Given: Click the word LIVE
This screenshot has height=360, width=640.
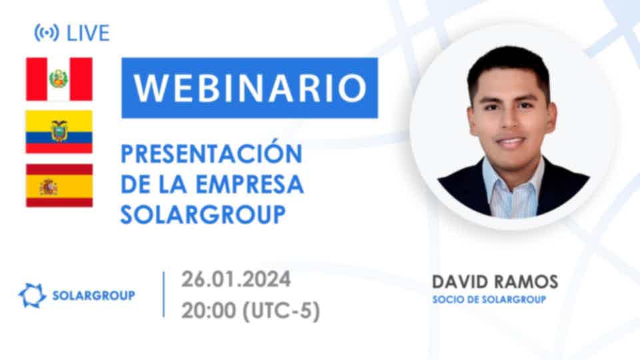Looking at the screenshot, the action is point(88,33).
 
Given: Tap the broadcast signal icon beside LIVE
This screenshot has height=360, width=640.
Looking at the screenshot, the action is point(47,33).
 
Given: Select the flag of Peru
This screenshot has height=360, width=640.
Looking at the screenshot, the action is point(59,79).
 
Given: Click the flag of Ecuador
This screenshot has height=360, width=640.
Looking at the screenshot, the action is point(59,132).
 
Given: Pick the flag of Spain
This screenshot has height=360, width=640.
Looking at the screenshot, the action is point(59,185).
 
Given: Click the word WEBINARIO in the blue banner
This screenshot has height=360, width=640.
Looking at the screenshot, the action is point(250,88).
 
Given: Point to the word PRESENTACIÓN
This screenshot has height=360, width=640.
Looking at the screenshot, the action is point(211,153).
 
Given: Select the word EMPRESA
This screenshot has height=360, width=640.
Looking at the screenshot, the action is point(250,185).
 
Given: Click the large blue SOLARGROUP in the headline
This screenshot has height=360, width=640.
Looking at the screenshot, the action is point(203,215).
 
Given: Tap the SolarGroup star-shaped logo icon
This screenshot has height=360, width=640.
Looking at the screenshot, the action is point(32,295).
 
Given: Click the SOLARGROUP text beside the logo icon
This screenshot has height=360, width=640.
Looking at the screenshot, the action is point(93,295).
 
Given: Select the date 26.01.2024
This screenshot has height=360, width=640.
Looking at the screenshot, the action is point(236,279).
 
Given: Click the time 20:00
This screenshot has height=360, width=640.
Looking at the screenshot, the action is point(208,311).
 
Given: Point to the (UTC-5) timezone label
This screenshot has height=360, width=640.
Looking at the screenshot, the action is point(281,311).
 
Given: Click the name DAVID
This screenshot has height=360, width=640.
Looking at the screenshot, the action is point(460,282).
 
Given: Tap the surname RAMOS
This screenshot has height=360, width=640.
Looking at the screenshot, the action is point(526,282).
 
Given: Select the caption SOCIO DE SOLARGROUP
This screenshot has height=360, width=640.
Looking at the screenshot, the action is point(489,299).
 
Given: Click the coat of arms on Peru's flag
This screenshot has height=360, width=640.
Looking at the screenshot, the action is point(59,79).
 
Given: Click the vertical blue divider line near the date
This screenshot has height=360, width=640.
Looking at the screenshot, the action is point(164,294).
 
